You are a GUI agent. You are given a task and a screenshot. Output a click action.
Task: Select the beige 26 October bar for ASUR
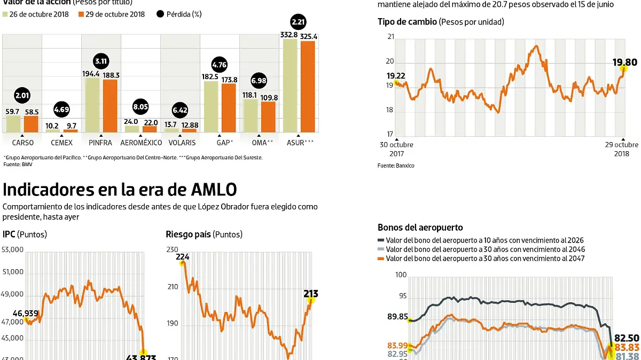click(290, 85)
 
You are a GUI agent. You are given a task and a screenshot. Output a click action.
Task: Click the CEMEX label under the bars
click(62, 143)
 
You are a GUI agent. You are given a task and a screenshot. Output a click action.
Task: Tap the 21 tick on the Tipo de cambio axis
click(391, 37)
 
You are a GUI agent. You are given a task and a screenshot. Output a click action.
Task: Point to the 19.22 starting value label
click(396, 76)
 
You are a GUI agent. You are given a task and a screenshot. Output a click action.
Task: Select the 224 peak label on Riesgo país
click(183, 256)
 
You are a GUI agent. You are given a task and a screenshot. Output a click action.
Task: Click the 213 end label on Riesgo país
click(311, 293)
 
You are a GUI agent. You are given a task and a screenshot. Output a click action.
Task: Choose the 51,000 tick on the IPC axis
click(13, 272)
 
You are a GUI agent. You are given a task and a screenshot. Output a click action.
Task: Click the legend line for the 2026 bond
click(381, 240)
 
